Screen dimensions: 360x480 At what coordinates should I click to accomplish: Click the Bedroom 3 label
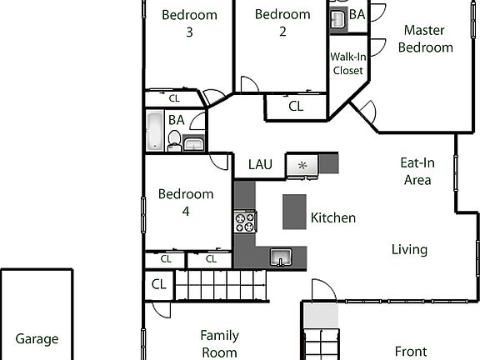coord(189,23)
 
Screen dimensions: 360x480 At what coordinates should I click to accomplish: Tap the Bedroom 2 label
coord(282,22)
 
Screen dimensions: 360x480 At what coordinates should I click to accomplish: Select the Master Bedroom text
coord(425,38)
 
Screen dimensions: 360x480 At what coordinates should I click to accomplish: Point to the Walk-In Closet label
coord(348,63)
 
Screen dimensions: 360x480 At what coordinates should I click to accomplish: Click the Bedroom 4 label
coord(186,202)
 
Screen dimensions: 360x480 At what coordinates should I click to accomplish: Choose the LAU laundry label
coord(261,164)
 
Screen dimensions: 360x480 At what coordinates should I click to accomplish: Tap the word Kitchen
coord(333,218)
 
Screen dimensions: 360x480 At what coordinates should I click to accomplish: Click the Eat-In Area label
coord(417,171)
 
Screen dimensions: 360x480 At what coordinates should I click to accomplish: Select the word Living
coord(410,249)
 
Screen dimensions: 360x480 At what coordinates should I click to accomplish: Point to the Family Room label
coord(220,343)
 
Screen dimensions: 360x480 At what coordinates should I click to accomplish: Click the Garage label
coord(37,339)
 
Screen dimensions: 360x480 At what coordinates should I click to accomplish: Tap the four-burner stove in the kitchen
coord(245,222)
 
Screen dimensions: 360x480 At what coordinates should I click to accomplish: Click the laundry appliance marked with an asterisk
coord(302,165)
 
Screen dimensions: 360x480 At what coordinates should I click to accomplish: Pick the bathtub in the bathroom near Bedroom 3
coord(155,132)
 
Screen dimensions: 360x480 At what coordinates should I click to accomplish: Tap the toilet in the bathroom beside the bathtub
coord(174,146)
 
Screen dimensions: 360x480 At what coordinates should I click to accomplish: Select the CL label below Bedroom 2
coord(296,107)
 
